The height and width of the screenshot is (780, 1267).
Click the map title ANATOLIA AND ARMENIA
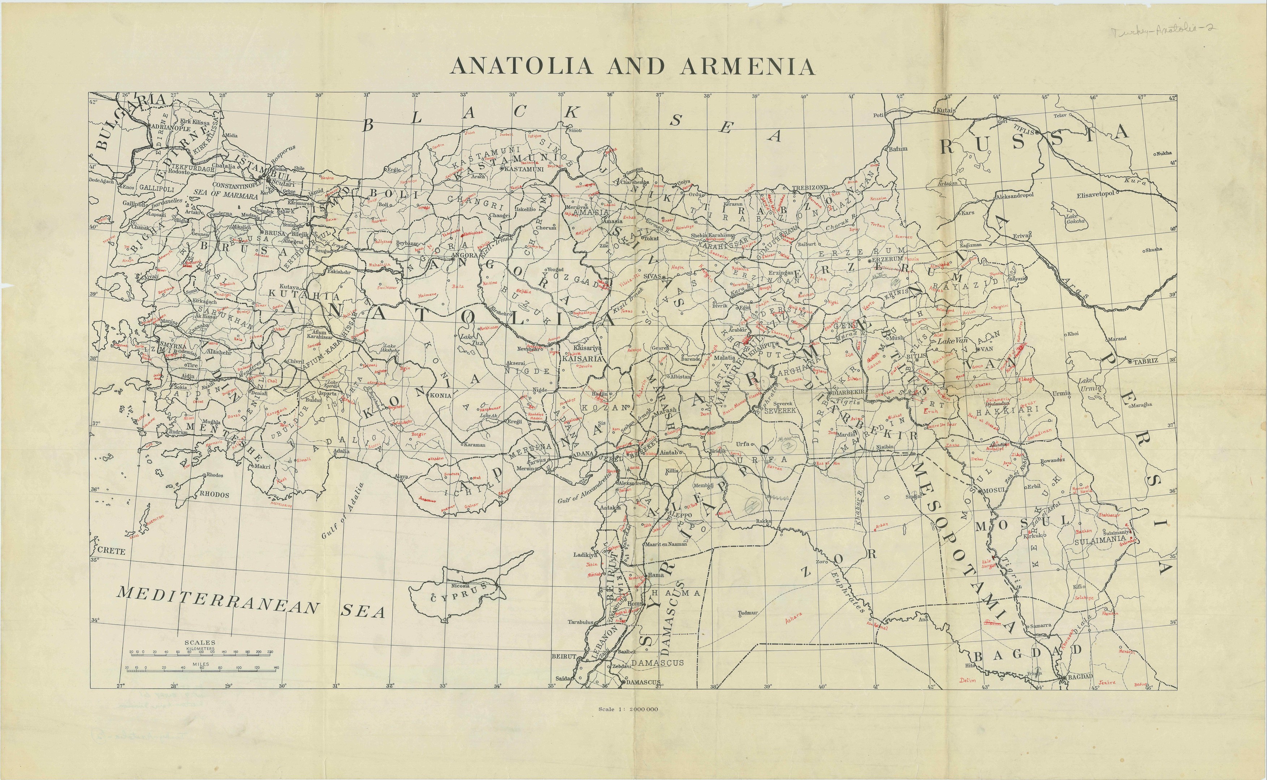632,66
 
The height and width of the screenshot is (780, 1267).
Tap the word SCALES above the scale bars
200,643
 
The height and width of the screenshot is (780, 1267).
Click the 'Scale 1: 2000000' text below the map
628,709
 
